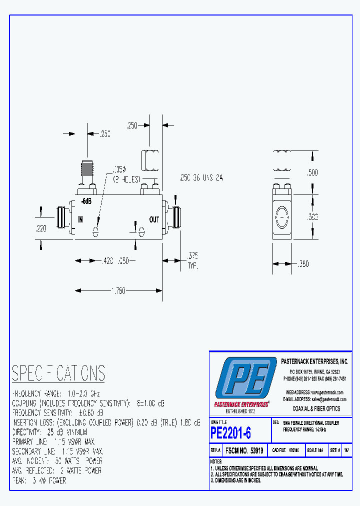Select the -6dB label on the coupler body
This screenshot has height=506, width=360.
(86, 201)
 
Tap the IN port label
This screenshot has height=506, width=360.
(80, 219)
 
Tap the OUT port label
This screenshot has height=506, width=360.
(154, 219)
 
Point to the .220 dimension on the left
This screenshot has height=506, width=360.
(41, 228)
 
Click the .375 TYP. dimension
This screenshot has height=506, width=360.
(192, 260)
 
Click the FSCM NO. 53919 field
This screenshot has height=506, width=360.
(245, 450)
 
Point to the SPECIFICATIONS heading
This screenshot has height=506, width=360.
(58, 373)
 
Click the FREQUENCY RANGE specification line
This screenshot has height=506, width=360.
(56, 394)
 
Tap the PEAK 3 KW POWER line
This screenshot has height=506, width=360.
(39, 480)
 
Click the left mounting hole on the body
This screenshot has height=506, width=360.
(95, 231)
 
